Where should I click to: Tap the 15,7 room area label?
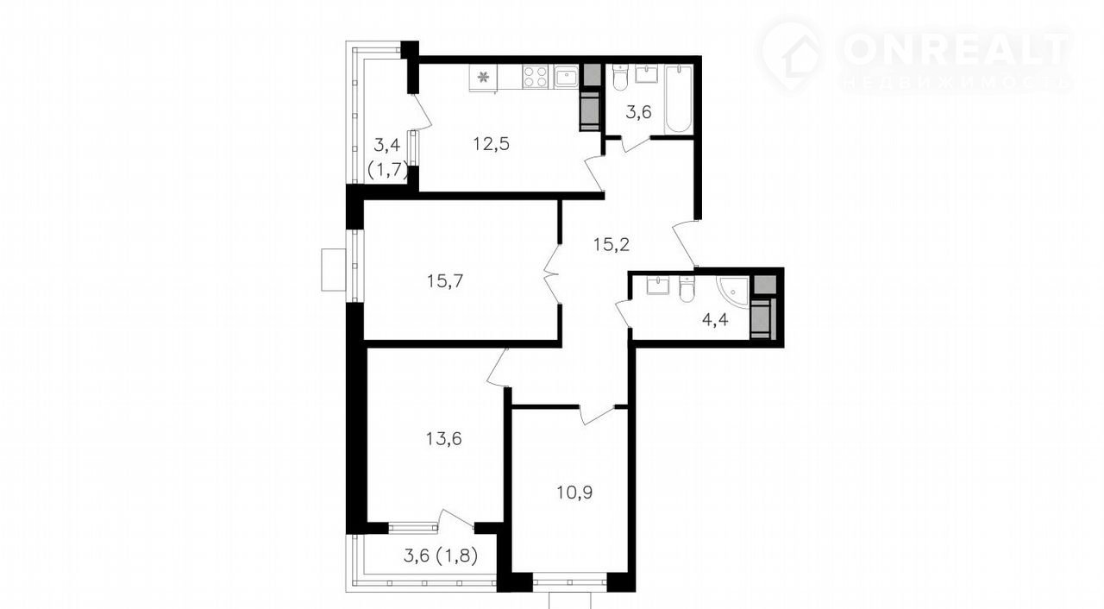point(445,281)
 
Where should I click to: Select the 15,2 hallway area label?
point(612,244)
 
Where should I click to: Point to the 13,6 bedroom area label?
point(443,438)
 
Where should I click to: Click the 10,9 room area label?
point(574,493)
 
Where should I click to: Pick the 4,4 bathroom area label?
point(715,320)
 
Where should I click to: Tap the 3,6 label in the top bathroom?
point(639,113)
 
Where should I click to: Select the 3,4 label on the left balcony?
point(387,146)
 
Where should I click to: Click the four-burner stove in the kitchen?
point(536,77)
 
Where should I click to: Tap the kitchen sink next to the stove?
point(566,77)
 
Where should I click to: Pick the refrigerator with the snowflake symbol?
point(483,78)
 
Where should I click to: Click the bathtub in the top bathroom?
point(679,99)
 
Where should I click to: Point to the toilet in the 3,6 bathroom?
point(619,78)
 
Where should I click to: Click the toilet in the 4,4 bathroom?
point(686,288)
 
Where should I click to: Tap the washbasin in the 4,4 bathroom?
point(656,285)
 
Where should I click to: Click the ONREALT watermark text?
point(957,49)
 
